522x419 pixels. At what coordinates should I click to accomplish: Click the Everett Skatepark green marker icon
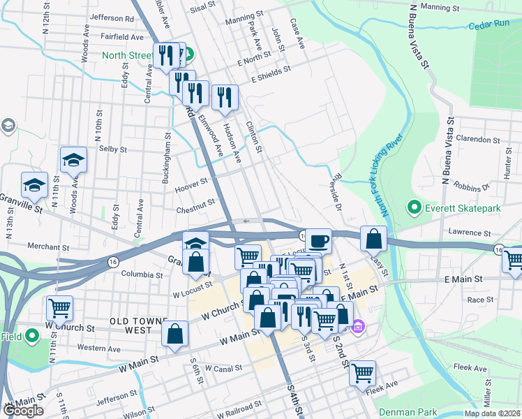tap(413, 207)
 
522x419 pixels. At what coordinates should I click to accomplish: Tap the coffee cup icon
tap(318, 241)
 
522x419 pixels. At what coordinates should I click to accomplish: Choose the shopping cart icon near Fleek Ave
tap(362, 373)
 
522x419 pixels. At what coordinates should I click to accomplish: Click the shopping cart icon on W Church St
tap(59, 307)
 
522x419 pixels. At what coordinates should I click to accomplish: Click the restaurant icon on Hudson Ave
tap(224, 97)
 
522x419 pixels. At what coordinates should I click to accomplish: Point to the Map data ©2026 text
tap(491, 413)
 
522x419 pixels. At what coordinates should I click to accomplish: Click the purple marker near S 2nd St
tap(358, 325)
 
